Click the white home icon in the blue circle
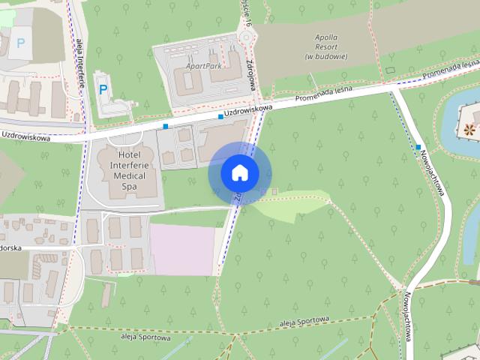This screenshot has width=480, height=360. (x=239, y=172)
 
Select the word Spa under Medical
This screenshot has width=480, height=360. (x=119, y=184)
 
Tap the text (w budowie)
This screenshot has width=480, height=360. (x=326, y=56)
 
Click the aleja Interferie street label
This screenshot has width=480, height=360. (x=79, y=61)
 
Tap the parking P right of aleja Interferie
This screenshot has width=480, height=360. (x=103, y=89)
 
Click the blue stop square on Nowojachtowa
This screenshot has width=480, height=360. (x=418, y=147)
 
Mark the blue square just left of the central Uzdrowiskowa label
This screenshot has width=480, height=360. (x=220, y=116)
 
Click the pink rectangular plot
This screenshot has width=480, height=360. (x=184, y=248)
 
